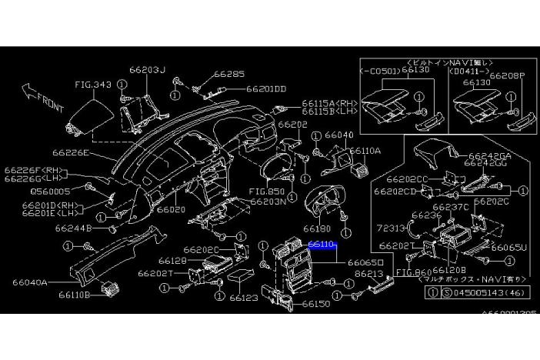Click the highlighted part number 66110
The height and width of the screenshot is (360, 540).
tap(322, 244)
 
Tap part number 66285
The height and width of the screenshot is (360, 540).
tap(228, 75)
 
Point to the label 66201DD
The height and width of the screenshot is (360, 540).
tap(265, 88)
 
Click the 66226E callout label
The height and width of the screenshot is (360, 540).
tap(72, 153)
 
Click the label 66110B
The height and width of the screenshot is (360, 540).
tap(75, 295)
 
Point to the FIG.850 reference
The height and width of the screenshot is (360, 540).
tap(268, 191)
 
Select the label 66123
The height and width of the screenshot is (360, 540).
tap(243, 298)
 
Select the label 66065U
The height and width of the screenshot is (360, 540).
tap(508, 248)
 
